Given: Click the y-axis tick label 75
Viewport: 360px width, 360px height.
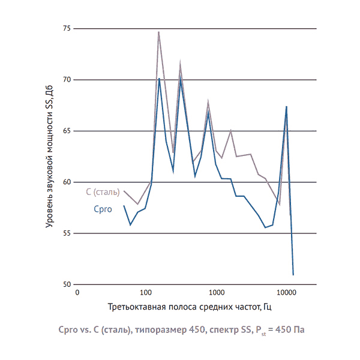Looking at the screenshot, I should click(66, 28).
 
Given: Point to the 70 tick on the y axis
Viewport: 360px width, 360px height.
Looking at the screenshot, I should click(66, 79).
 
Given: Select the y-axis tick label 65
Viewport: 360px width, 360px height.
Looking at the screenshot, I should click(66, 131).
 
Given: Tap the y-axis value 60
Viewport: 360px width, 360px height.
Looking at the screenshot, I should click(66, 182).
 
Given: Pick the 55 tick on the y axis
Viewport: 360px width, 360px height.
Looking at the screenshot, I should click(66, 233).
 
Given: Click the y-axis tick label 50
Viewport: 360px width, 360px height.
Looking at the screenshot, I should click(66, 284).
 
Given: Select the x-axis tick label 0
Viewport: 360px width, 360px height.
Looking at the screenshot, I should click(77, 293).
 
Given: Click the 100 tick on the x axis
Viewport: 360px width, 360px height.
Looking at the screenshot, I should click(145, 293).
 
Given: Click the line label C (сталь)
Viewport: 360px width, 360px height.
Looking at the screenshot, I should click(103, 192).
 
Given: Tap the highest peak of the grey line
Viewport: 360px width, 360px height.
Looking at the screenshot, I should click(158, 32).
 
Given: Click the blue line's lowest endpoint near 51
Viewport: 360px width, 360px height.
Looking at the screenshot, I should click(293, 274).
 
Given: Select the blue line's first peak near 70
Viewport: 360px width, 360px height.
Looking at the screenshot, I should click(159, 79).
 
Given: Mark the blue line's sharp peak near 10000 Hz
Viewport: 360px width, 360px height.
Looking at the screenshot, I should click(287, 107).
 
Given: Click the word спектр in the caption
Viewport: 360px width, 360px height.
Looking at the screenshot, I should click(229, 330).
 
